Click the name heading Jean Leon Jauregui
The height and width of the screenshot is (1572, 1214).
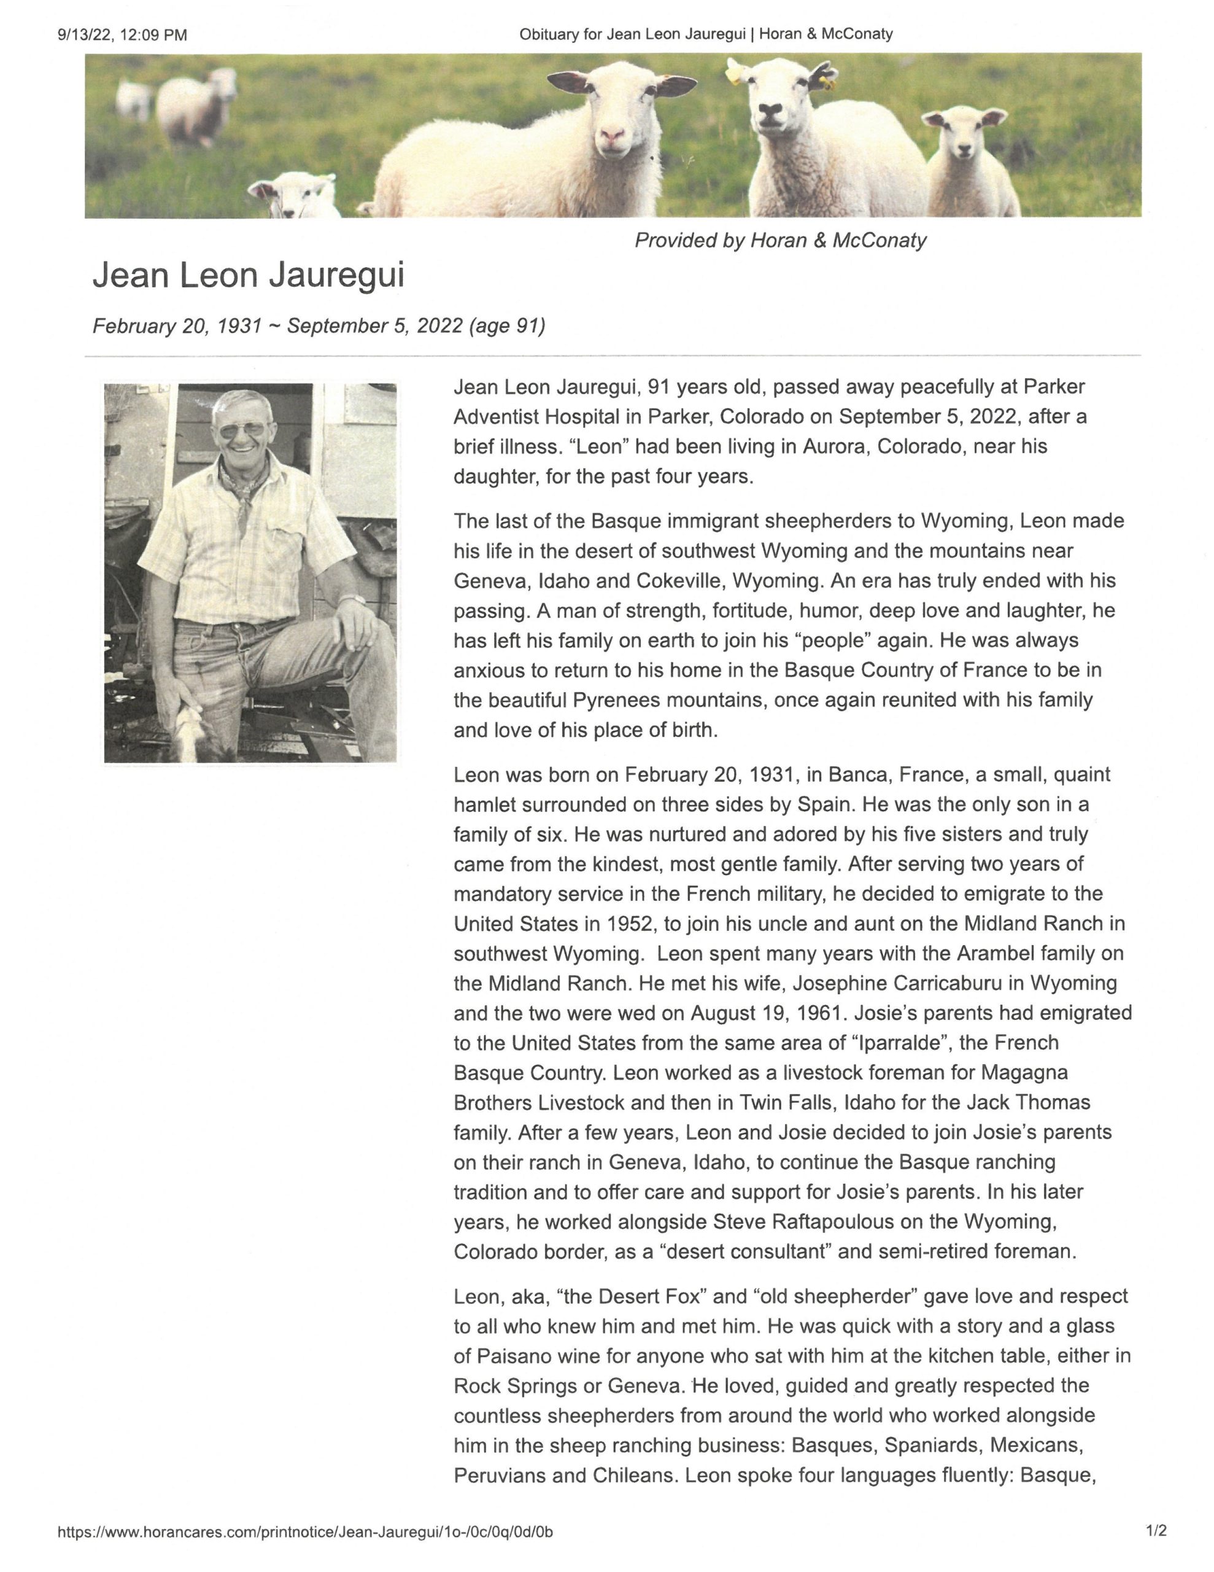click(x=249, y=276)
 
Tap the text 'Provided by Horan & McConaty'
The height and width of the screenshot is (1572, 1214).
click(x=780, y=241)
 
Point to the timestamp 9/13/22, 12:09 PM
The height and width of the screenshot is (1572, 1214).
click(x=122, y=34)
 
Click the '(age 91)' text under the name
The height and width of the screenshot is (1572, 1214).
click(x=506, y=326)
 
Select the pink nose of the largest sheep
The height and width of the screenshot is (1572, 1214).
click(x=613, y=134)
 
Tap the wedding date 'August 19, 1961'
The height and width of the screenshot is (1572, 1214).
click(x=767, y=1013)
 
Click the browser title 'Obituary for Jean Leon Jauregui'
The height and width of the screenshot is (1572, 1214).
click(x=632, y=34)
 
